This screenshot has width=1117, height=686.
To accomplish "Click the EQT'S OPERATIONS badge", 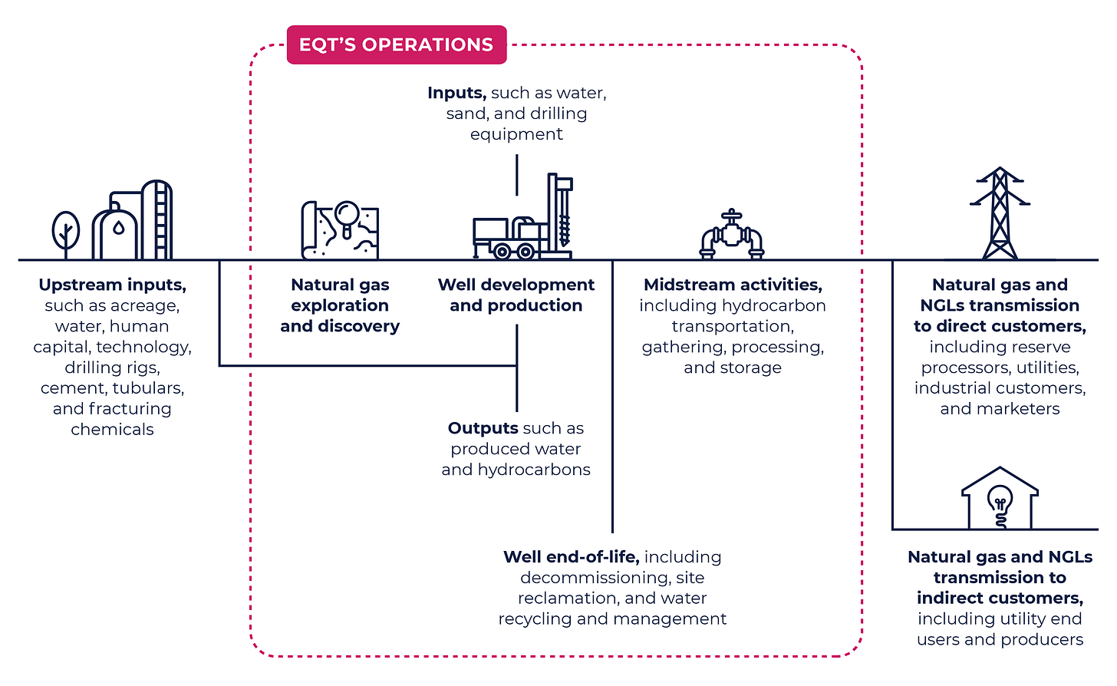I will click(x=396, y=45).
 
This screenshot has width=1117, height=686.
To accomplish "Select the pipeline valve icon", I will click(x=731, y=235).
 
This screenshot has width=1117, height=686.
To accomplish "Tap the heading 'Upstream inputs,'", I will click(x=112, y=285).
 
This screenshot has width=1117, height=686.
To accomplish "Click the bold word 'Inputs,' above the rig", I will click(x=456, y=93).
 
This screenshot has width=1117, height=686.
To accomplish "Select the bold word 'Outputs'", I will click(x=483, y=428).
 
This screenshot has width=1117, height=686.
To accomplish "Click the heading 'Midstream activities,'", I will click(x=733, y=285).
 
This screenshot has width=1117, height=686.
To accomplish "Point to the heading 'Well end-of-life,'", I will click(x=571, y=556).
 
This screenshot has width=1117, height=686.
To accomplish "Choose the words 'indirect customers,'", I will click(x=1000, y=598).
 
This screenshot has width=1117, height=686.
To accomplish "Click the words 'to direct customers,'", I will click(x=1000, y=326).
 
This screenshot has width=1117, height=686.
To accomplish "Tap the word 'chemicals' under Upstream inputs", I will click(x=112, y=430).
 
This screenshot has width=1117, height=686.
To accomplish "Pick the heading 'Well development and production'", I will click(x=516, y=295).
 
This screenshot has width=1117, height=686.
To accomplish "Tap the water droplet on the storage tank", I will click(x=117, y=228).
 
